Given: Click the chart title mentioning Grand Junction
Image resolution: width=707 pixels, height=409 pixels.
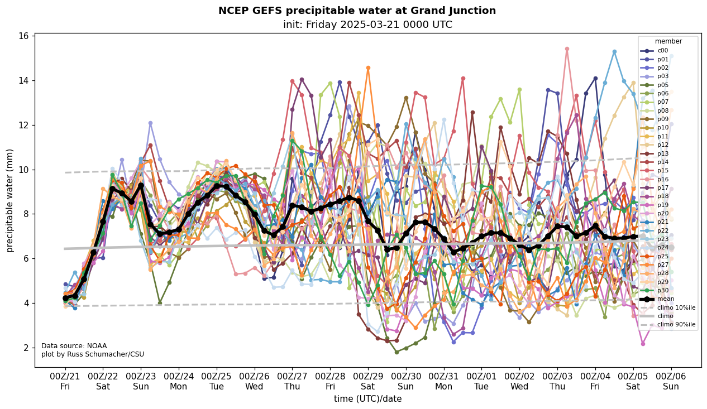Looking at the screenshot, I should (x=357, y=11).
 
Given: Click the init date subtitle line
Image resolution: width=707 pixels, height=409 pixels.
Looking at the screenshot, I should (x=367, y=25).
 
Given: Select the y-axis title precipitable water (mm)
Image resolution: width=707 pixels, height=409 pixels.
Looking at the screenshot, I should (x=10, y=200).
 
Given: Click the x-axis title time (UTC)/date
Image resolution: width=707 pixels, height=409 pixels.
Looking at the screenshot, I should (x=367, y=399).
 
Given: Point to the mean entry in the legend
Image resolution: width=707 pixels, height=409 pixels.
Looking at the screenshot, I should (x=664, y=299).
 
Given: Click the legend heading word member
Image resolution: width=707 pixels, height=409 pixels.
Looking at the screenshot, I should (x=668, y=41).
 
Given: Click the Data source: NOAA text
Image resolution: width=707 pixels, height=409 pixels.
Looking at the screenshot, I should (x=74, y=346).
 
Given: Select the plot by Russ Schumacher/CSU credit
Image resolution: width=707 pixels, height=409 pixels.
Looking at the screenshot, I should (x=92, y=354).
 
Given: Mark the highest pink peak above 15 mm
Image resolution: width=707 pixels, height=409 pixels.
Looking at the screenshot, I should (x=567, y=49).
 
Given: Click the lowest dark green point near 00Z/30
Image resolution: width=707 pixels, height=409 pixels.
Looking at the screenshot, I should (x=397, y=352).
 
